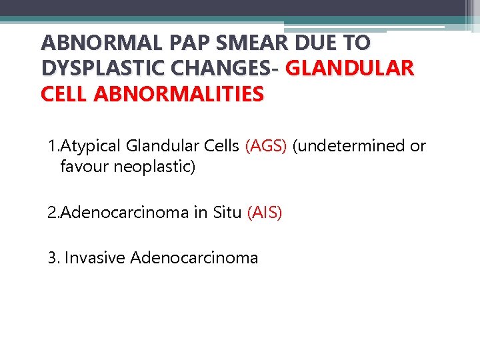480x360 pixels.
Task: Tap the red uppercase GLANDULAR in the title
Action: point(349,69)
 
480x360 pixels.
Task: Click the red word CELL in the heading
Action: point(65,94)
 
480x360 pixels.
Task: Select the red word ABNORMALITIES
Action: point(179,94)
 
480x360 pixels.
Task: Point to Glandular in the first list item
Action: point(167,146)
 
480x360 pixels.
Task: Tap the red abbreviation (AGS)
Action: point(266,146)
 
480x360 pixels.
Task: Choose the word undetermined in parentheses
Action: point(349,146)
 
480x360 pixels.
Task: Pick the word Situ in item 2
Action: point(227,213)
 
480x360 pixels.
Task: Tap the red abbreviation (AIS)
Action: point(265,213)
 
